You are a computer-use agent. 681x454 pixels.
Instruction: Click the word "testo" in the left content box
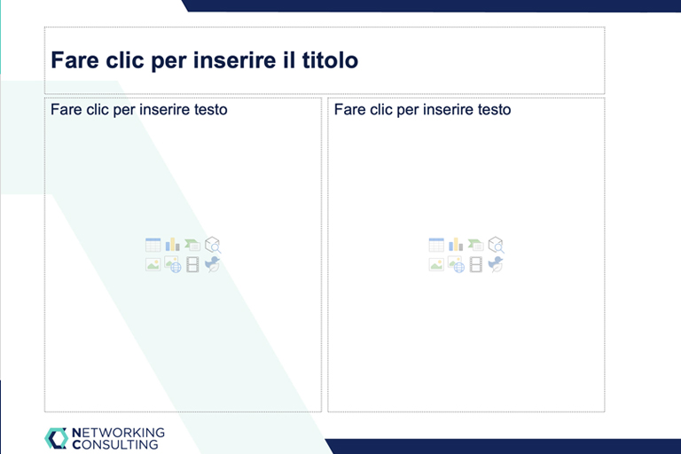pyautogui.click(x=211, y=109)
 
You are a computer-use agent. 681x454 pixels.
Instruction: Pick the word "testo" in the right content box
pyautogui.click(x=494, y=109)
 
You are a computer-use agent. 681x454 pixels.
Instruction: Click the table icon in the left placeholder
pyautogui.click(x=153, y=245)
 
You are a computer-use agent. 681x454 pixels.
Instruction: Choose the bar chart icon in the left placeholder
pyautogui.click(x=172, y=245)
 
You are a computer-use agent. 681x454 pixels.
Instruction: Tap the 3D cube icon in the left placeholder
pyautogui.click(x=213, y=245)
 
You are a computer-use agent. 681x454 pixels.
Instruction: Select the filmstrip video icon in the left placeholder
pyautogui.click(x=192, y=264)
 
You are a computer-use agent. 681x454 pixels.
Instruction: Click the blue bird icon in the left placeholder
pyautogui.click(x=212, y=264)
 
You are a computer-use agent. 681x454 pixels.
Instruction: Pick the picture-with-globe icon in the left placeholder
pyautogui.click(x=173, y=264)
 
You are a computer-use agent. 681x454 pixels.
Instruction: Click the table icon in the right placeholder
pyautogui.click(x=436, y=245)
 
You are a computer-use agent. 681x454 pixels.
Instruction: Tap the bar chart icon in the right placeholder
pyautogui.click(x=456, y=245)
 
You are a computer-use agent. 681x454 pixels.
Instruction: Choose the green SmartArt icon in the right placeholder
pyautogui.click(x=475, y=245)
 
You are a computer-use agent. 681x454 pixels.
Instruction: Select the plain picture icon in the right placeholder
pyautogui.click(x=436, y=264)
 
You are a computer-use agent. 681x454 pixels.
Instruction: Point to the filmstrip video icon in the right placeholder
pyautogui.click(x=475, y=264)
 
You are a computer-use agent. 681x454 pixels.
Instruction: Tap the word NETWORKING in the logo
pyautogui.click(x=118, y=433)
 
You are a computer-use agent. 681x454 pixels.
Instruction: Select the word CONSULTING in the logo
pyautogui.click(x=115, y=444)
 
